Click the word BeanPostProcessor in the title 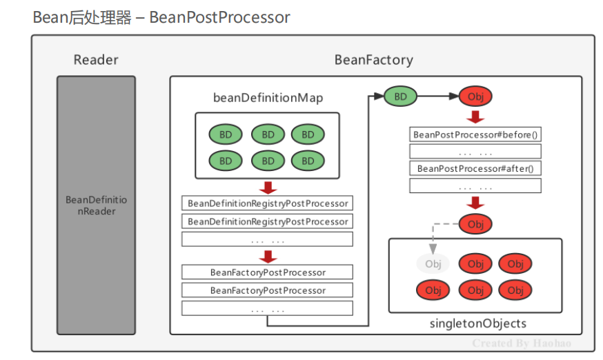(219, 17)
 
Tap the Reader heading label (96, 60)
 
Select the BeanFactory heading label (373, 60)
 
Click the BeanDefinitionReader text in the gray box (96, 206)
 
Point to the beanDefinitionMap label (267, 98)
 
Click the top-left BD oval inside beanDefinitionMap (226, 134)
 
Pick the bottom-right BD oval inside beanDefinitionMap (308, 161)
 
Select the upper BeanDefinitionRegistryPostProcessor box (267, 203)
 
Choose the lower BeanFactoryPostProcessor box (267, 290)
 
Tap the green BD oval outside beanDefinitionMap (400, 97)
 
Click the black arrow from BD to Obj (437, 97)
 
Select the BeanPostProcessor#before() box (475, 134)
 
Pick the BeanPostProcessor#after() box (475, 168)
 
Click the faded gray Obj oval (433, 263)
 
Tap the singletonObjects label (477, 323)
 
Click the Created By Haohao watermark (522, 343)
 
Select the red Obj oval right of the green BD (475, 97)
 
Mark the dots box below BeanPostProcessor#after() (475, 186)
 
